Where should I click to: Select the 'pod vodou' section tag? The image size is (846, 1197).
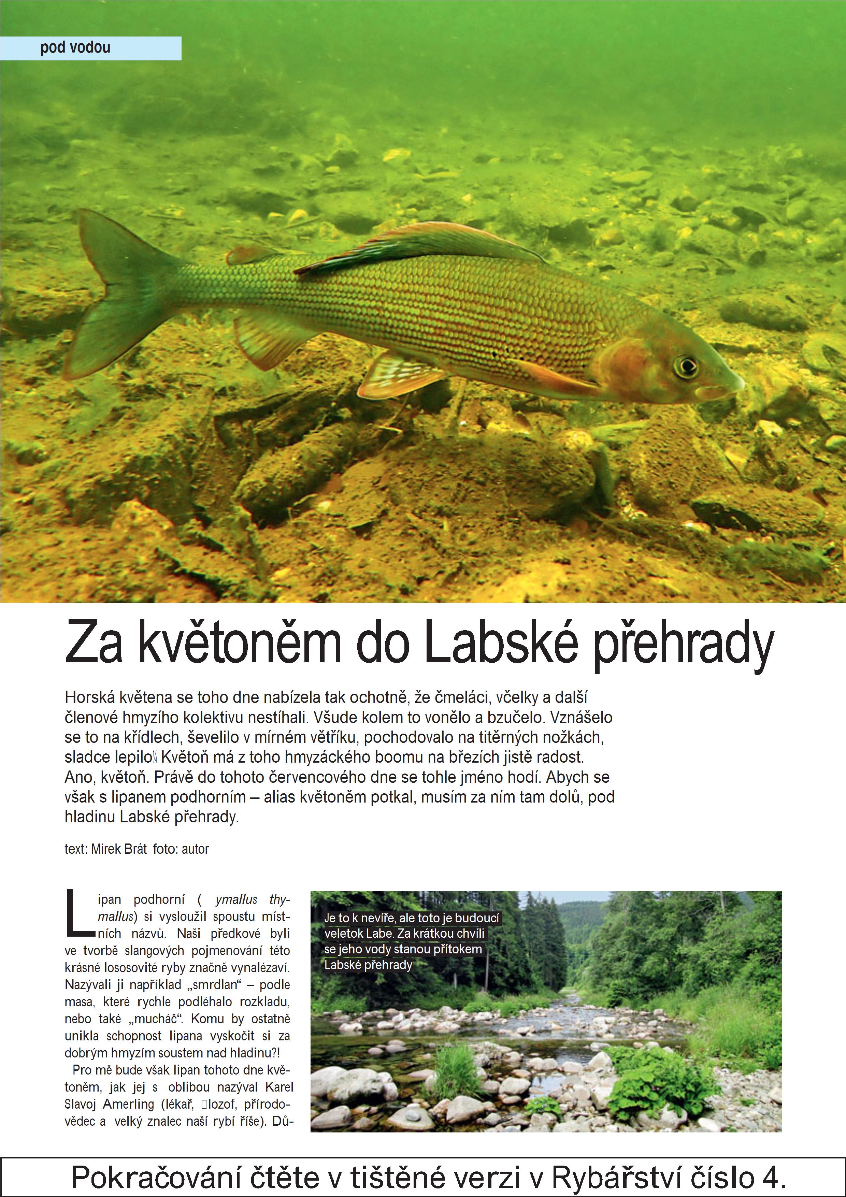point(75,48)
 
